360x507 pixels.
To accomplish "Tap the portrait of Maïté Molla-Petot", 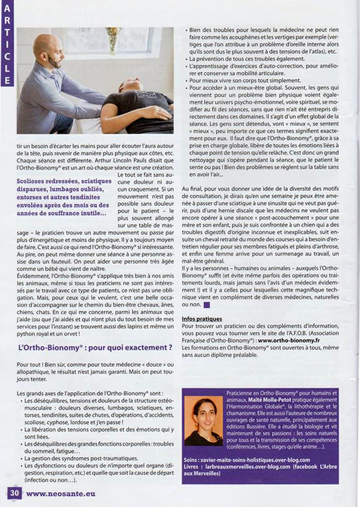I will pyautogui.click(x=203, y=421).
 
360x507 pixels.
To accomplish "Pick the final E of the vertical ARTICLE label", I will pyautogui.click(x=7, y=80).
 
